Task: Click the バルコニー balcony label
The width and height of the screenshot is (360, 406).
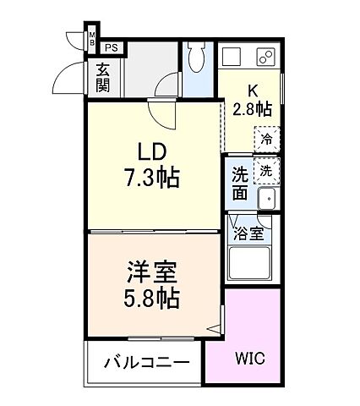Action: click(146, 364)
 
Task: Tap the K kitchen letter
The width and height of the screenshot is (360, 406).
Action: click(251, 91)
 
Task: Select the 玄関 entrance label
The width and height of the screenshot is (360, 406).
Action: click(102, 77)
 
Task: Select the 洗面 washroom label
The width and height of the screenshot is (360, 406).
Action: click(240, 184)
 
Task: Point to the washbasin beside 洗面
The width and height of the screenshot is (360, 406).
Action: click(267, 200)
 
